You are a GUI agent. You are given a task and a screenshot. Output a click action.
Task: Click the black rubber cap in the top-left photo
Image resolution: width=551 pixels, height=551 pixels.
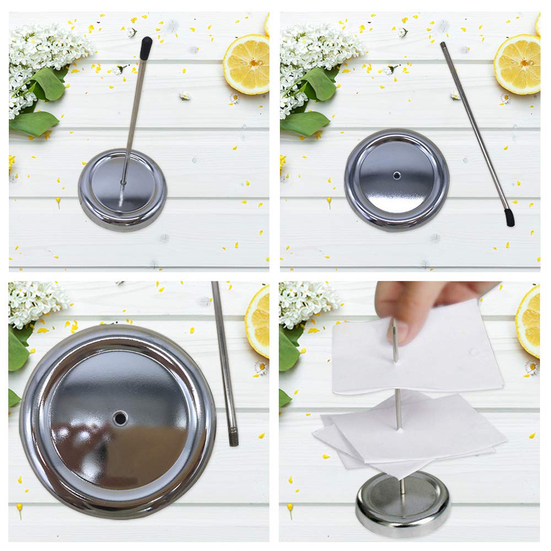coord(145,48)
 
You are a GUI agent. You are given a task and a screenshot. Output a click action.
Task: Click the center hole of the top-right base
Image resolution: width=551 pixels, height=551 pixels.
coord(397,175)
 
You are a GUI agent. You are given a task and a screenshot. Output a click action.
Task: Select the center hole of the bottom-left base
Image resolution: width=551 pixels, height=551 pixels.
coord(120,418)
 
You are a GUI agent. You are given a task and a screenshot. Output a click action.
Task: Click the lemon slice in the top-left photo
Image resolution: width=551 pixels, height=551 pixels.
coord(247,64)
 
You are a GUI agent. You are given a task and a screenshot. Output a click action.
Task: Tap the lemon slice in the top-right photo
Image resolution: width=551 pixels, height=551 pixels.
coord(517,64)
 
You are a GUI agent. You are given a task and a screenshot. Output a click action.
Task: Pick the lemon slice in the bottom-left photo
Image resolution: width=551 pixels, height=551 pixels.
coord(258,322)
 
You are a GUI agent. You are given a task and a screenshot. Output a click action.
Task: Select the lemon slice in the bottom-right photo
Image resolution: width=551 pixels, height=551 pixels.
coord(529,322)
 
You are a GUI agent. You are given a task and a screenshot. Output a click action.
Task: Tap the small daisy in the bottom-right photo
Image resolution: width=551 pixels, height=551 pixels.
coord(531,366)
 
